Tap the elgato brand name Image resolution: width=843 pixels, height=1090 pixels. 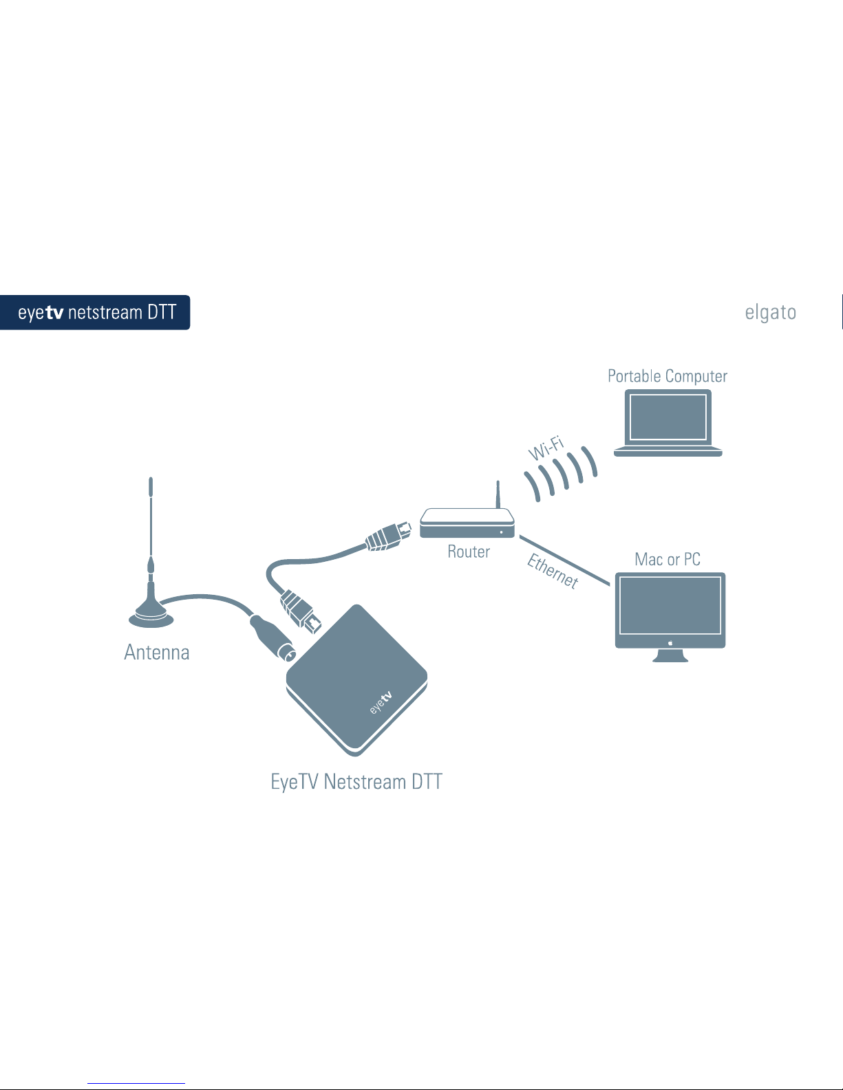[x=770, y=312]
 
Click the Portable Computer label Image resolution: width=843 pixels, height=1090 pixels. [x=667, y=376]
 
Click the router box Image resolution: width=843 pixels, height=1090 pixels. [x=467, y=523]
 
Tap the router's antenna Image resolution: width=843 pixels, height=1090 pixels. [x=498, y=493]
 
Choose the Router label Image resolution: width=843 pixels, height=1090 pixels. [x=469, y=552]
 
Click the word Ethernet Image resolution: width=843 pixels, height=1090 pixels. [x=553, y=571]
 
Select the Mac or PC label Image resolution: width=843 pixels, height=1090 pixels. [x=668, y=559]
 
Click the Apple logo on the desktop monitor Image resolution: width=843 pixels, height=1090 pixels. [x=670, y=643]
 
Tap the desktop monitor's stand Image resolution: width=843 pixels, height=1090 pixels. [x=670, y=655]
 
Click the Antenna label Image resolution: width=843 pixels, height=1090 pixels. [x=157, y=652]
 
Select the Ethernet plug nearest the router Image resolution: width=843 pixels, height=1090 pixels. [x=389, y=536]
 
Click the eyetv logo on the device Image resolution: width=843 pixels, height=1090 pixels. [x=381, y=702]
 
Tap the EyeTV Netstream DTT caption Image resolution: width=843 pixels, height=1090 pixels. [x=356, y=782]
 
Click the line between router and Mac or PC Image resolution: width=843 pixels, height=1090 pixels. [x=564, y=560]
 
